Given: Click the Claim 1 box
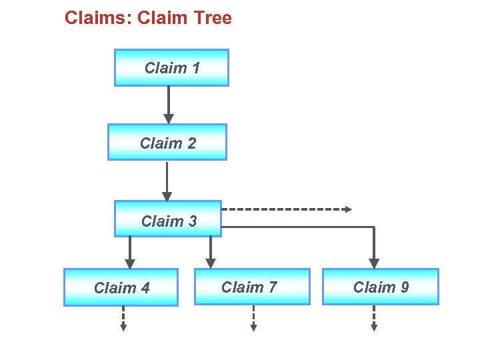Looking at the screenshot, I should click(x=171, y=67).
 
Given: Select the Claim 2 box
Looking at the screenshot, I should click(x=167, y=142).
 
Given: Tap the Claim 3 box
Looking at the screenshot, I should click(x=167, y=219).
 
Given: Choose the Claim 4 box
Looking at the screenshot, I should click(x=121, y=287).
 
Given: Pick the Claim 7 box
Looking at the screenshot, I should click(x=252, y=287).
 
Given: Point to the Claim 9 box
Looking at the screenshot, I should click(x=381, y=287).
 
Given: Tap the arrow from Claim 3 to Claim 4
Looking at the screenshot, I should click(x=130, y=253).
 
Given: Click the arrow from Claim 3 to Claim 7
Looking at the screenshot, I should click(x=211, y=253).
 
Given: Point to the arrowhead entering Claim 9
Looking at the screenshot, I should click(x=374, y=263).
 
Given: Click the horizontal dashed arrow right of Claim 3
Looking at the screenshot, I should click(x=287, y=209).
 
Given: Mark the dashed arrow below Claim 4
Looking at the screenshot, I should click(x=123, y=318).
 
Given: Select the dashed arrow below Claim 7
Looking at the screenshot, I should click(x=253, y=318).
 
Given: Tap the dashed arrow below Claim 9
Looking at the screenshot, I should click(x=374, y=318).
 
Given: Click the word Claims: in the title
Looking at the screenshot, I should click(x=98, y=18).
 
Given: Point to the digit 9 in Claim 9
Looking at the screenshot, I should click(x=404, y=287).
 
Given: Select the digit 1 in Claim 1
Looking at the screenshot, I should click(x=195, y=67).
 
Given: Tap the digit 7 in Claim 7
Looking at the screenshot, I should click(x=272, y=287).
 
